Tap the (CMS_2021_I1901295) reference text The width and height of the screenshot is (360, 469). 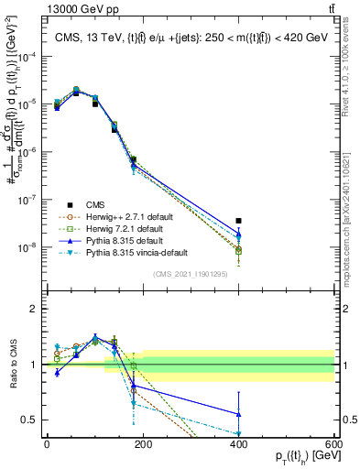[x=191, y=274]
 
